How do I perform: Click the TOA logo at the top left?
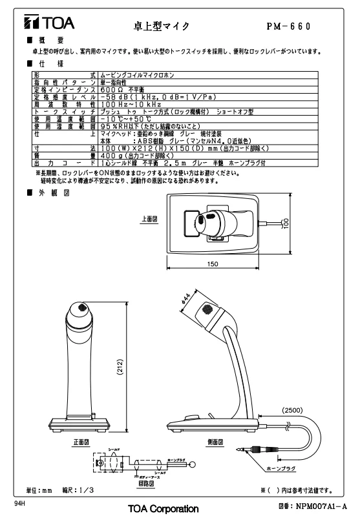tap(49, 25)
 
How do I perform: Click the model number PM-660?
tap(288, 26)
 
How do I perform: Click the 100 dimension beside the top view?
tap(284, 223)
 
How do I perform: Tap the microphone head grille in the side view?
tap(207, 309)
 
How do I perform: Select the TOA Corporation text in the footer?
tap(163, 509)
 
